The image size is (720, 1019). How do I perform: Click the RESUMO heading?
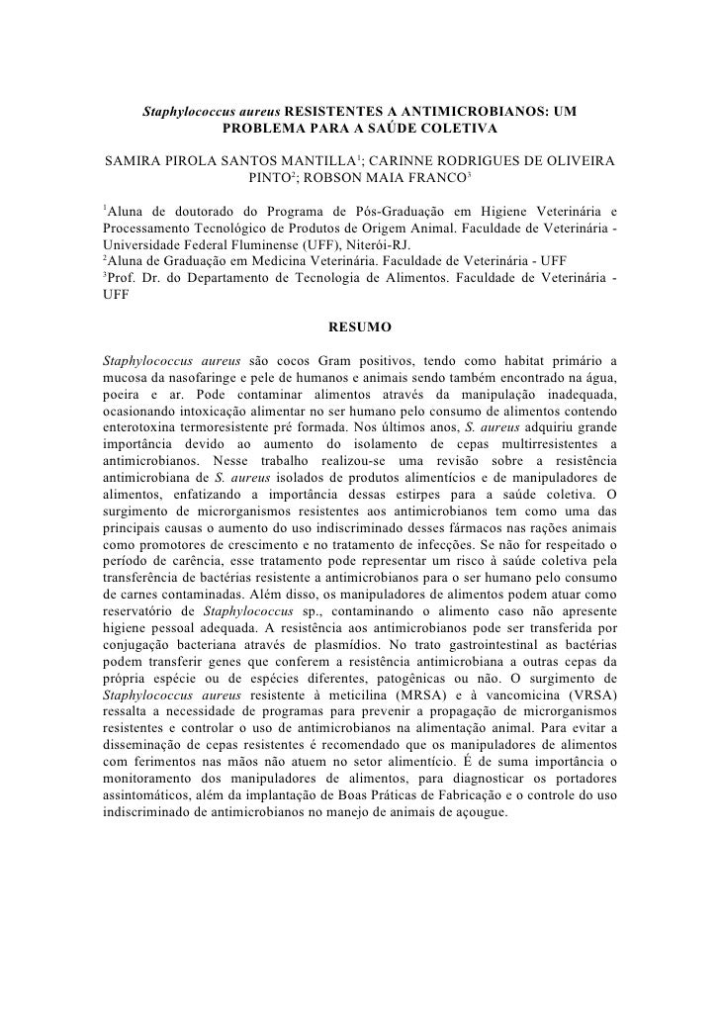[x=359, y=324]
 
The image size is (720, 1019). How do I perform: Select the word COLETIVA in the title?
[x=457, y=129]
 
